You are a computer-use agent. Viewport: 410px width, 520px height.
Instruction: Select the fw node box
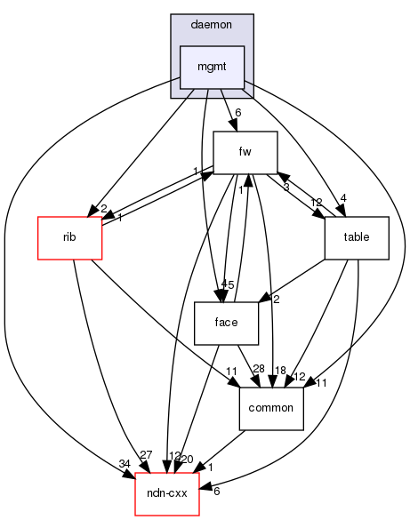246,152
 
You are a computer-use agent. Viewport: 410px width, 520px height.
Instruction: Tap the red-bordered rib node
69,238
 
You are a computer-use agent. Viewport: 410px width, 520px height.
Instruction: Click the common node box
272,409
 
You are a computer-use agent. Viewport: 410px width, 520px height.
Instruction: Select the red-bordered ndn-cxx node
166,494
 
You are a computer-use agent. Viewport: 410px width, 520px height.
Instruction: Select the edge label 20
187,458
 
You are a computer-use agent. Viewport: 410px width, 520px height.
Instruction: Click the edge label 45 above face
228,284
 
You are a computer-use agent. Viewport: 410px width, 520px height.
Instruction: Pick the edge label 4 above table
367,199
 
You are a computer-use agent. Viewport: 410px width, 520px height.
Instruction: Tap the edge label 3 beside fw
285,188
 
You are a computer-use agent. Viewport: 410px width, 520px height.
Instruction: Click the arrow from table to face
293,279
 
